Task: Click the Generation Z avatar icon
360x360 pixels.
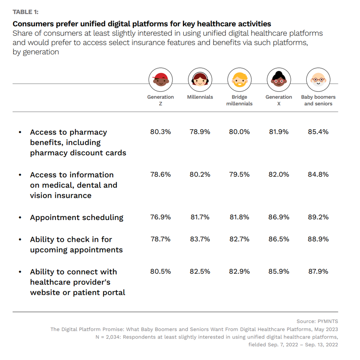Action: click(x=161, y=79)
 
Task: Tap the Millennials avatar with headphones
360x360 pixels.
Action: click(x=200, y=79)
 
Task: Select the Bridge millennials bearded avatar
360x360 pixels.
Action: click(x=239, y=79)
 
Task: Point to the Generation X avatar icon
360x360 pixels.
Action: click(x=279, y=79)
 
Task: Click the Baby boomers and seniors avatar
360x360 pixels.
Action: click(x=318, y=79)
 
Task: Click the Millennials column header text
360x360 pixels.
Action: click(x=200, y=97)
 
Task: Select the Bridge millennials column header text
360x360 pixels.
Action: click(x=239, y=100)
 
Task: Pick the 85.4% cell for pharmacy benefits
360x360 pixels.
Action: click(x=318, y=132)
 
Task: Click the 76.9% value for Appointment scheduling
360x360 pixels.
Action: click(x=161, y=217)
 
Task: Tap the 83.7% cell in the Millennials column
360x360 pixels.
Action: click(x=200, y=239)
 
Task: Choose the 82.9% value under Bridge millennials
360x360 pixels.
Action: click(x=239, y=271)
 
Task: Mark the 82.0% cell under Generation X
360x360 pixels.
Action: click(x=279, y=174)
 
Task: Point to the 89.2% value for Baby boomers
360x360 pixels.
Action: click(x=318, y=217)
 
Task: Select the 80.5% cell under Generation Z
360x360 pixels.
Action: click(x=161, y=271)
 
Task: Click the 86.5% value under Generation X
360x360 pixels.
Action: click(x=279, y=239)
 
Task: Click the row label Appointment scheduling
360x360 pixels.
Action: click(x=77, y=217)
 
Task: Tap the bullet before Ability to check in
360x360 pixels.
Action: click(x=20, y=240)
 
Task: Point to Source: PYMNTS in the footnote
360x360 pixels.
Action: click(x=317, y=321)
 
